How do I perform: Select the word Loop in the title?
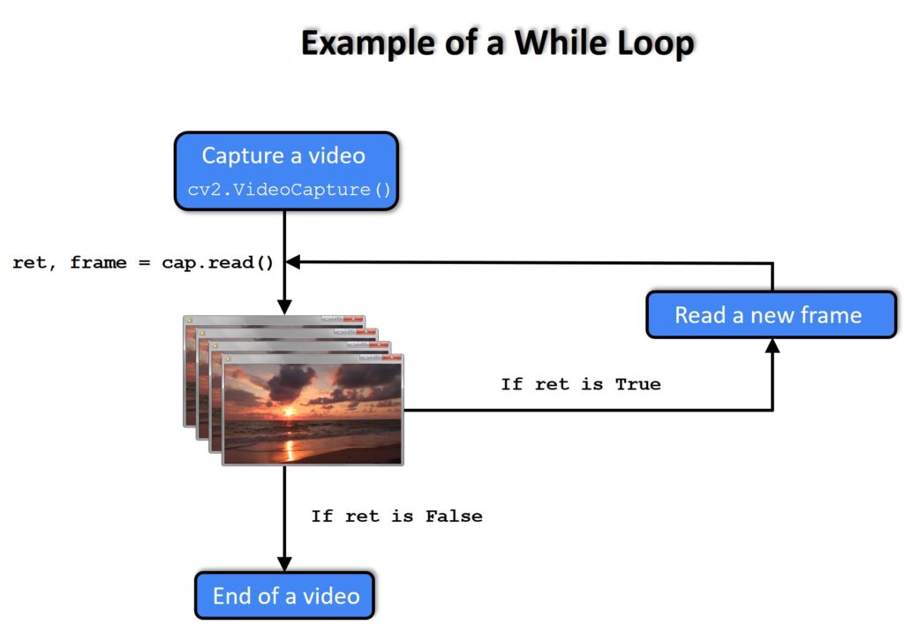click(x=654, y=43)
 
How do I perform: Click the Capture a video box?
click(x=286, y=170)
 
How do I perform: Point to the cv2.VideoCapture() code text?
click(x=290, y=190)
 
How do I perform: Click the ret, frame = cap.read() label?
click(x=143, y=263)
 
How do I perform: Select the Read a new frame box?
click(x=771, y=315)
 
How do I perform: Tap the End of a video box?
click(x=285, y=595)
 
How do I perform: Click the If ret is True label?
click(x=580, y=384)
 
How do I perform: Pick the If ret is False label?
click(x=396, y=516)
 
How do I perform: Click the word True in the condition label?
click(x=637, y=384)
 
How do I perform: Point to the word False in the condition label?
click(x=453, y=516)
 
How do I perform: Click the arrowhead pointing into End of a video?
click(x=285, y=563)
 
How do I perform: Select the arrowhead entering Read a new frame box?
click(x=772, y=346)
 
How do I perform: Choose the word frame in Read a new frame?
click(x=831, y=315)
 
